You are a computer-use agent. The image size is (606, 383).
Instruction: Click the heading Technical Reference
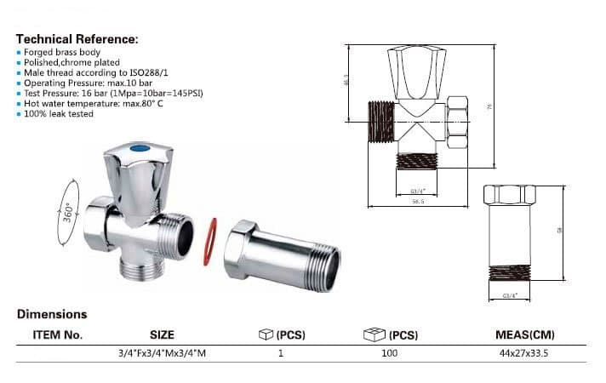tap(77, 39)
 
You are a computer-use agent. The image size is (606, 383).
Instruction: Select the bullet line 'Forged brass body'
tap(61, 53)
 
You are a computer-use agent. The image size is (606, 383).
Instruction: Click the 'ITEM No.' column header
tap(58, 334)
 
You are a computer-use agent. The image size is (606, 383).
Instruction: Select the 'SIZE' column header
tap(162, 334)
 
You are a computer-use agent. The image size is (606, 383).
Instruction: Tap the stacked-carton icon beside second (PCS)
tap(374, 334)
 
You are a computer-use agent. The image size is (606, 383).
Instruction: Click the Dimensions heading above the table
tap(52, 314)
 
